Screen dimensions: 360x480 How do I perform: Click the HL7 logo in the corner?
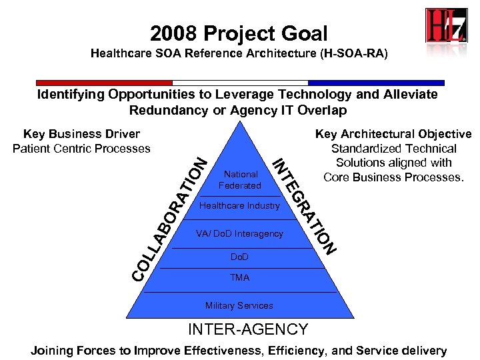coord(446,26)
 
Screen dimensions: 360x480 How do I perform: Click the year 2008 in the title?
coord(173,33)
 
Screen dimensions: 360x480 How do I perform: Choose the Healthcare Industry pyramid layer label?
coord(239,206)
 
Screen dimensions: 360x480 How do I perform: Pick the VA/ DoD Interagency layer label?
coord(239,234)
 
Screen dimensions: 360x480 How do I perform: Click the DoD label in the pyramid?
coord(239,257)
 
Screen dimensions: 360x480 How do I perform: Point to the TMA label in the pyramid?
coord(239,277)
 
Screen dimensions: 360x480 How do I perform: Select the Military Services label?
coord(239,305)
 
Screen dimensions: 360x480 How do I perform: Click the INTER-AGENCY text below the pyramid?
coord(248,329)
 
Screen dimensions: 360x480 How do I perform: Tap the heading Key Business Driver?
coord(81,135)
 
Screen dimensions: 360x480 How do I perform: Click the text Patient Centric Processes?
coord(81,149)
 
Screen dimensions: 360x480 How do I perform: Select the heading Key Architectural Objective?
coord(393,135)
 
